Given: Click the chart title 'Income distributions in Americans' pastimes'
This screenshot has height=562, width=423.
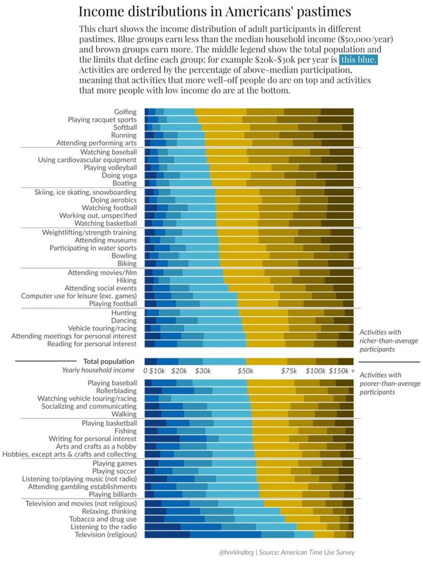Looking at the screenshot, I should tap(215, 12).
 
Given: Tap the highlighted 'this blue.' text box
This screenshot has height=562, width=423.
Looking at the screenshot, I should tap(358, 59).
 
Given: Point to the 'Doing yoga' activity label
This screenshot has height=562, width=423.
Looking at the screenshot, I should tap(120, 175).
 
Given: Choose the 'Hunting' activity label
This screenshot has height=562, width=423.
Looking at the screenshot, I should tap(124, 312).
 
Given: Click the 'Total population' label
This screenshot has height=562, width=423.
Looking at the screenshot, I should tap(108, 361).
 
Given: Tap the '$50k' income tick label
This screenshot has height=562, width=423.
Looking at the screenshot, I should tap(245, 371).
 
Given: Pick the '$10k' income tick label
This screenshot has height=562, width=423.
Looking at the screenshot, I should tap(157, 371).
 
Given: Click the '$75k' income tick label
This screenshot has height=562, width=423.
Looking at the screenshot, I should tap(288, 371).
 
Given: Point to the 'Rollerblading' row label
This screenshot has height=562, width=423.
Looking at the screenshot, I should tap(116, 391).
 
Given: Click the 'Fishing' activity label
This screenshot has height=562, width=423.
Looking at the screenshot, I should tap(125, 430).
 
